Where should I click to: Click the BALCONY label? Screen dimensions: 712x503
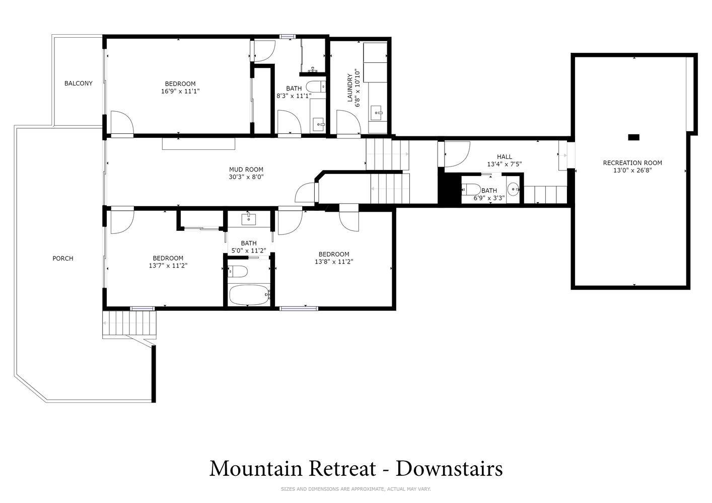tap(78, 83)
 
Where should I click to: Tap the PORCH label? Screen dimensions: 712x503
tap(63, 259)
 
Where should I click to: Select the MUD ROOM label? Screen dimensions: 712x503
tap(246, 170)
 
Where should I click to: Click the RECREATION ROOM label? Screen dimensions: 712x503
tap(632, 163)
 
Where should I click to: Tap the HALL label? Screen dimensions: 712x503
tap(505, 156)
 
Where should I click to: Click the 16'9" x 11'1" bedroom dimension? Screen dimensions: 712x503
tap(180, 92)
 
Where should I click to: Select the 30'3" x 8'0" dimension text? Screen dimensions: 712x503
tap(246, 177)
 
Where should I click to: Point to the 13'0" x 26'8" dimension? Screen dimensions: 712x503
tap(632, 170)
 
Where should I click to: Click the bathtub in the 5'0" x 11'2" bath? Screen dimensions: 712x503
tap(250, 295)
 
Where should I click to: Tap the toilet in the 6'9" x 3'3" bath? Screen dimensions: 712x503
tap(471, 190)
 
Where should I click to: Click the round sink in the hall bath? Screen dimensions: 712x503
tap(513, 189)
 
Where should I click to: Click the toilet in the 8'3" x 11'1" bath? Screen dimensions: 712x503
tap(316, 87)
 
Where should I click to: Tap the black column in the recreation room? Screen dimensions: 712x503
tap(634, 137)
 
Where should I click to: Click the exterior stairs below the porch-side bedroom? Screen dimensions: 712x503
tap(129, 323)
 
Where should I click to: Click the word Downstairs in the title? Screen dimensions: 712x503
tap(449, 469)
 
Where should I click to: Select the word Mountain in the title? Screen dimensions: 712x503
tap(256, 469)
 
